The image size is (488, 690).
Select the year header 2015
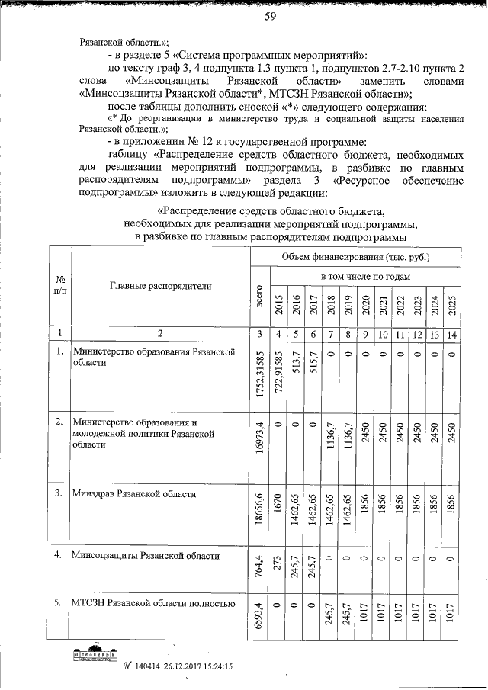[x=279, y=303]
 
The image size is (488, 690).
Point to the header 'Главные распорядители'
[x=161, y=286]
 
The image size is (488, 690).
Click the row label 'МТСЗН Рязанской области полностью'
[x=152, y=605]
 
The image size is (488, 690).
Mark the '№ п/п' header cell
[x=59, y=286]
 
